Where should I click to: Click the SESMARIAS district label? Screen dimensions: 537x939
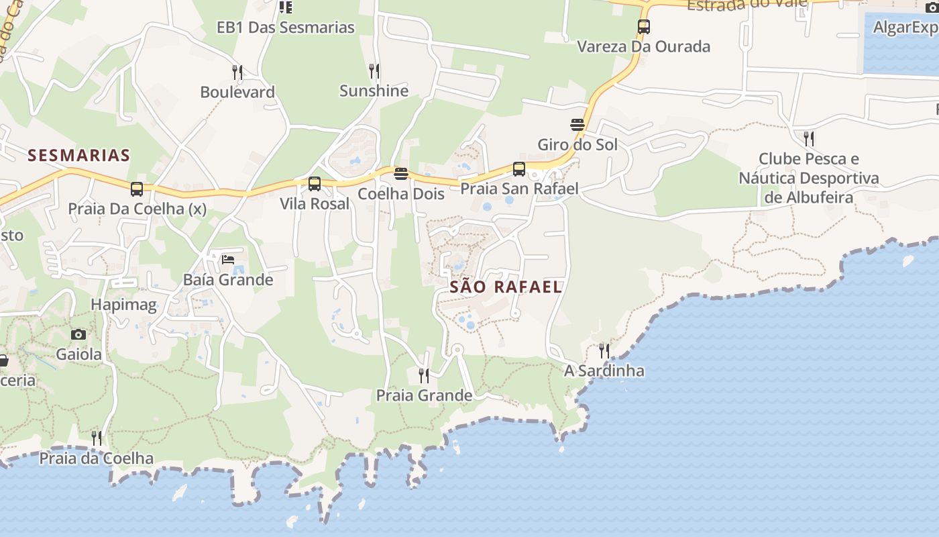[78, 156]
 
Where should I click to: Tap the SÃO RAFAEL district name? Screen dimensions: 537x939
[505, 287]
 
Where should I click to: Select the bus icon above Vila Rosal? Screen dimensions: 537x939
[315, 184]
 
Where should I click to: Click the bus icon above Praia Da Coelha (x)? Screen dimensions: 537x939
[137, 189]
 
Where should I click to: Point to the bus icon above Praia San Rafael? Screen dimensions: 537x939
[519, 169]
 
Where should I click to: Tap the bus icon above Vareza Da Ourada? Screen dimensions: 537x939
[644, 28]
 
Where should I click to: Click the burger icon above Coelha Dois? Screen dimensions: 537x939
[401, 174]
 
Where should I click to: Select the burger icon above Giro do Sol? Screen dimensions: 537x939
[577, 125]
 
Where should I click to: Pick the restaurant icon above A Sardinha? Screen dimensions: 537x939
[604, 351]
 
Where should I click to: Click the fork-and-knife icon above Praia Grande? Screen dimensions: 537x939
[424, 376]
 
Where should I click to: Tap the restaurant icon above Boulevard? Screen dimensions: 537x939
[237, 72]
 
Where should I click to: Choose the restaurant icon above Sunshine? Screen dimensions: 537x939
[374, 71]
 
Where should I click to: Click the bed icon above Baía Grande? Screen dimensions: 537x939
[228, 260]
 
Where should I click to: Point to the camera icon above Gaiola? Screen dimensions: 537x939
[78, 334]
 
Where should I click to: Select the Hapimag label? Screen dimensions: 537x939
[123, 305]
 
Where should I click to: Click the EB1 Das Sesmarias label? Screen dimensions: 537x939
[285, 28]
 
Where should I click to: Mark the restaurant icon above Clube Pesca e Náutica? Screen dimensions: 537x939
[809, 139]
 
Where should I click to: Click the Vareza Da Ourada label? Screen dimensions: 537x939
[643, 47]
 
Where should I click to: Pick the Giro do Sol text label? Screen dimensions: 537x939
[577, 144]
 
